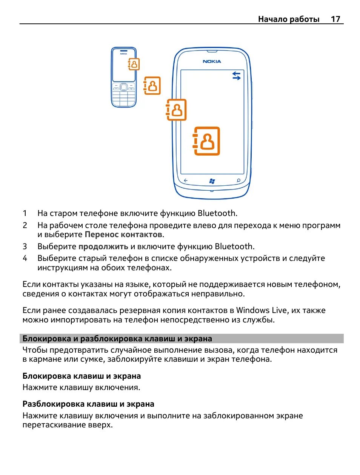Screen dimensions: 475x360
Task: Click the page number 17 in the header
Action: [x=335, y=19]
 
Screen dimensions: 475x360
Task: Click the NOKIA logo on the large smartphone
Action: [x=212, y=61]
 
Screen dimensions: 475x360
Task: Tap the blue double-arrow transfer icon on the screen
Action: [x=236, y=76]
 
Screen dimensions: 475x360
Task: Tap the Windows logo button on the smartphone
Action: [x=212, y=181]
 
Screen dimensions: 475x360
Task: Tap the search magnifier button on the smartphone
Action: [x=238, y=180]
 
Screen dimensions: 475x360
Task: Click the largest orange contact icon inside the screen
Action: [x=206, y=141]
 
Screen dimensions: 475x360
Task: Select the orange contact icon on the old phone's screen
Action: [x=134, y=64]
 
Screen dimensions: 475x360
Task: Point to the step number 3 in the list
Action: [x=25, y=247]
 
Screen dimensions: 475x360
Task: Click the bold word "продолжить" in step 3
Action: [x=103, y=247]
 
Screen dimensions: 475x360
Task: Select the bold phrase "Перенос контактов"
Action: [x=123, y=234]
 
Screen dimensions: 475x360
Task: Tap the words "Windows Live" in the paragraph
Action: [x=262, y=310]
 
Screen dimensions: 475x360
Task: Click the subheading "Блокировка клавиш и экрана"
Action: [x=82, y=376]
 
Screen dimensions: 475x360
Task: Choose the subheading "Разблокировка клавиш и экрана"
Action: [x=88, y=404]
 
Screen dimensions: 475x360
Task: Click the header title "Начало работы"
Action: [x=289, y=19]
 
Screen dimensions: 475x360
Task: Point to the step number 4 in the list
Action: [x=25, y=258]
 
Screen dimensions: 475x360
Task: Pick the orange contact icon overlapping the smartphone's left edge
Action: [x=176, y=110]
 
